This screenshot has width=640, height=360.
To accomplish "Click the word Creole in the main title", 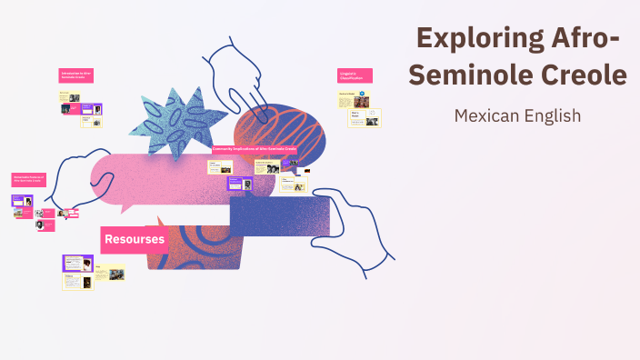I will (x=582, y=75).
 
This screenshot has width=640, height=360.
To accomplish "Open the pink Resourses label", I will (x=135, y=240).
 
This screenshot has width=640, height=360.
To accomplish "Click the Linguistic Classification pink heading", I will (x=354, y=77).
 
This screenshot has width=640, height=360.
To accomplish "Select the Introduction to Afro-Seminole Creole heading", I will (x=76, y=75).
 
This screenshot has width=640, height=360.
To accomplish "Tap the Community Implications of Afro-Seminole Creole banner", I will (x=255, y=147).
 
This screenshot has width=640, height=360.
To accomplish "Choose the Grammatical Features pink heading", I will (x=28, y=179).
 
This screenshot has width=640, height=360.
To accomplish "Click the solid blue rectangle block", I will (x=272, y=216).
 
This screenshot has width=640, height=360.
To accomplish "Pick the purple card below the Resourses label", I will (x=77, y=264).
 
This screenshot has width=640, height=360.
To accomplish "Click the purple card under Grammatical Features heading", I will (x=23, y=201).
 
